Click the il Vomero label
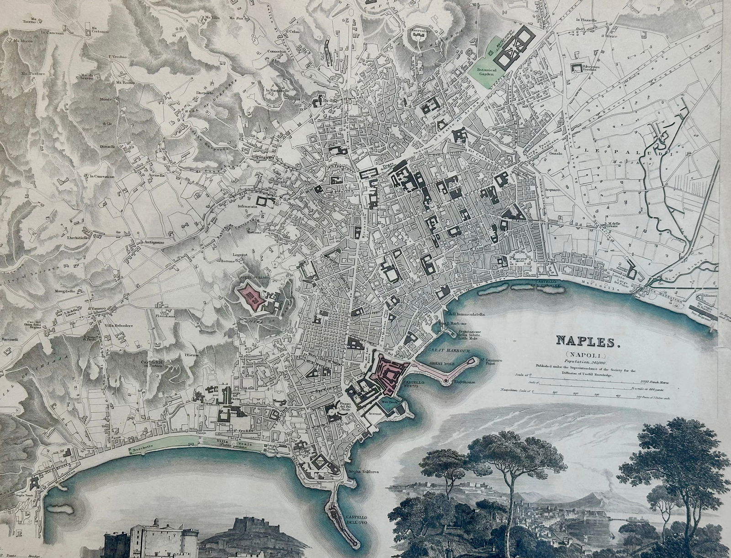click(97, 308)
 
